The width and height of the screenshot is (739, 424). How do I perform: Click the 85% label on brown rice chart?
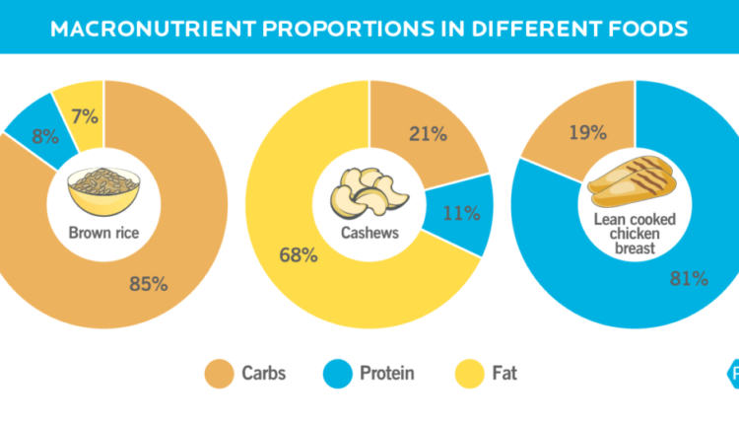pyautogui.click(x=148, y=284)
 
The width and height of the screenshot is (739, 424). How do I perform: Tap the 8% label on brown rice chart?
pyautogui.click(x=44, y=137)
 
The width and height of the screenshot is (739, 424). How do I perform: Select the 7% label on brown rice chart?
pyautogui.click(x=84, y=116)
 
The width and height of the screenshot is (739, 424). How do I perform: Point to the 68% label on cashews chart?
pyautogui.click(x=298, y=255)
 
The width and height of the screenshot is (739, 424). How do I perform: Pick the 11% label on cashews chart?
pyautogui.click(x=461, y=212)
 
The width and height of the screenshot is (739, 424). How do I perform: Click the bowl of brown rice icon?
pyautogui.click(x=102, y=188)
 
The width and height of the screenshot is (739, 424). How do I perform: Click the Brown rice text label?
pyautogui.click(x=101, y=234)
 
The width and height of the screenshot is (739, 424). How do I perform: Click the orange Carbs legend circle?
pyautogui.click(x=217, y=374)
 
